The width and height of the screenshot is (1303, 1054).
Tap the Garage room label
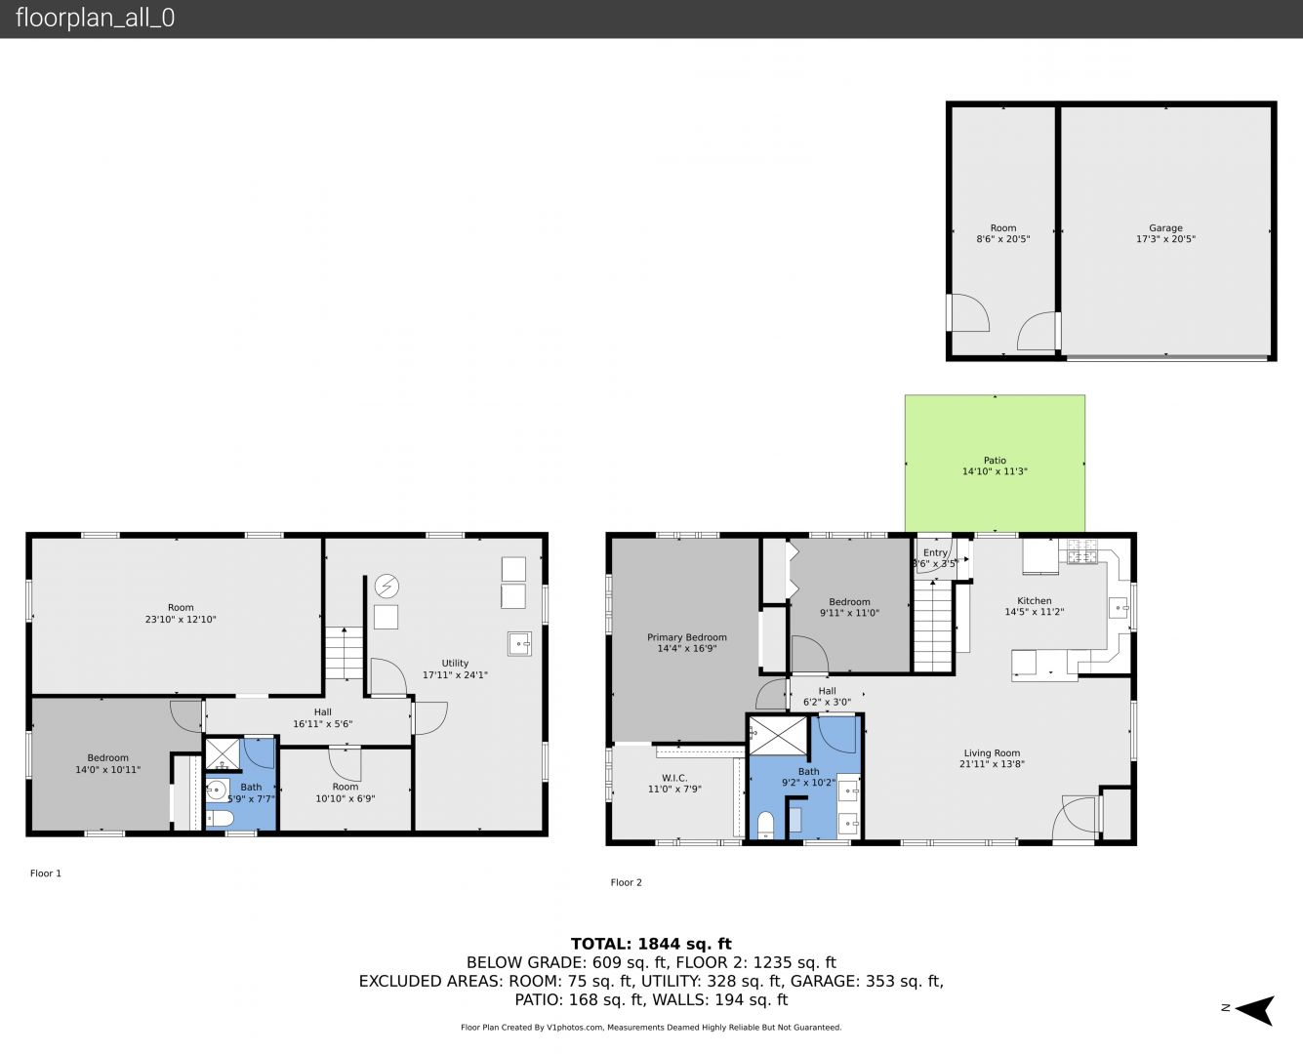(1165, 227)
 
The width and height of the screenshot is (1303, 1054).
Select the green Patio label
(995, 460)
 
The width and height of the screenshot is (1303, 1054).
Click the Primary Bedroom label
(687, 637)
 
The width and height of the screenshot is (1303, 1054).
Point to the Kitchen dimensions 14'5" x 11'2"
(1035, 612)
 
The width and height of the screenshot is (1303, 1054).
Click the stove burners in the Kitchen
(1082, 550)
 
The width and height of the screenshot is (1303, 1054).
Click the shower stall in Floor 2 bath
(778, 736)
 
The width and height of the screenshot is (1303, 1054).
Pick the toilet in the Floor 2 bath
(765, 825)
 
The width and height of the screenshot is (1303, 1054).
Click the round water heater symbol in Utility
(387, 586)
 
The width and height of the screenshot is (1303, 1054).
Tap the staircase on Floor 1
(344, 653)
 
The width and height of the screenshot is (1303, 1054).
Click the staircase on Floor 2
(933, 626)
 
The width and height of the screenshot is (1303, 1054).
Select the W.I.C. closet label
(674, 778)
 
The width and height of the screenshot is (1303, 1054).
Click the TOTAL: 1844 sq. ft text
(651, 944)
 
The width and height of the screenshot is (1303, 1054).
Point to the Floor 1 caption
(46, 872)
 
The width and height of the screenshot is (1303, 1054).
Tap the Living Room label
(992, 753)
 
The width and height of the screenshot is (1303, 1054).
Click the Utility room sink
(519, 643)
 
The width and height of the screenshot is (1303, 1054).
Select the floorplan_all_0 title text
(96, 18)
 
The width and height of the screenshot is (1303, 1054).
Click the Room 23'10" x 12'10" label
(181, 613)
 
